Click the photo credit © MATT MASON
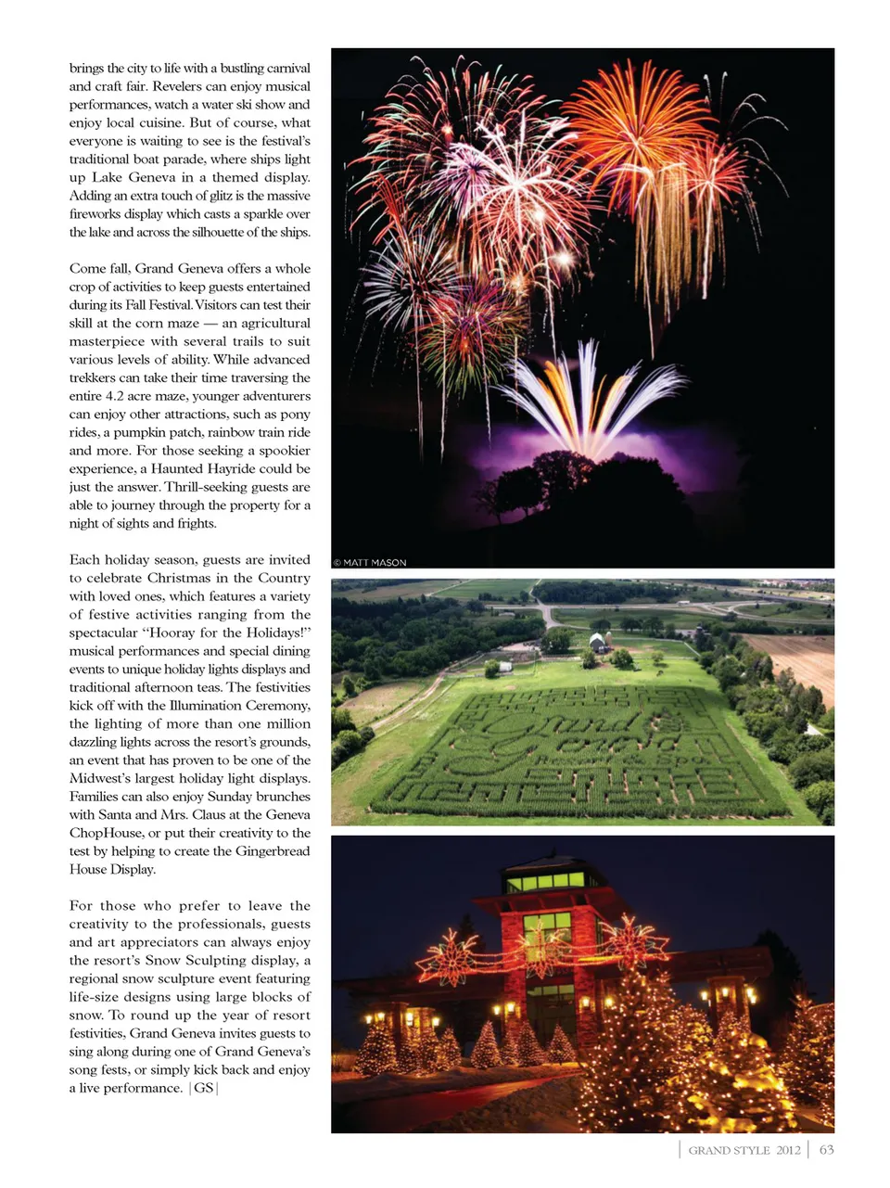tap(370, 562)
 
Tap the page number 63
tap(826, 1149)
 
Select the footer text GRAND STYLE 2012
tap(744, 1150)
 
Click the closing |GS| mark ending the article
tap(203, 1088)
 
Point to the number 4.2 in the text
tap(116, 396)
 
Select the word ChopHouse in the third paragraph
tap(106, 833)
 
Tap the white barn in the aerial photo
tap(598, 642)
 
